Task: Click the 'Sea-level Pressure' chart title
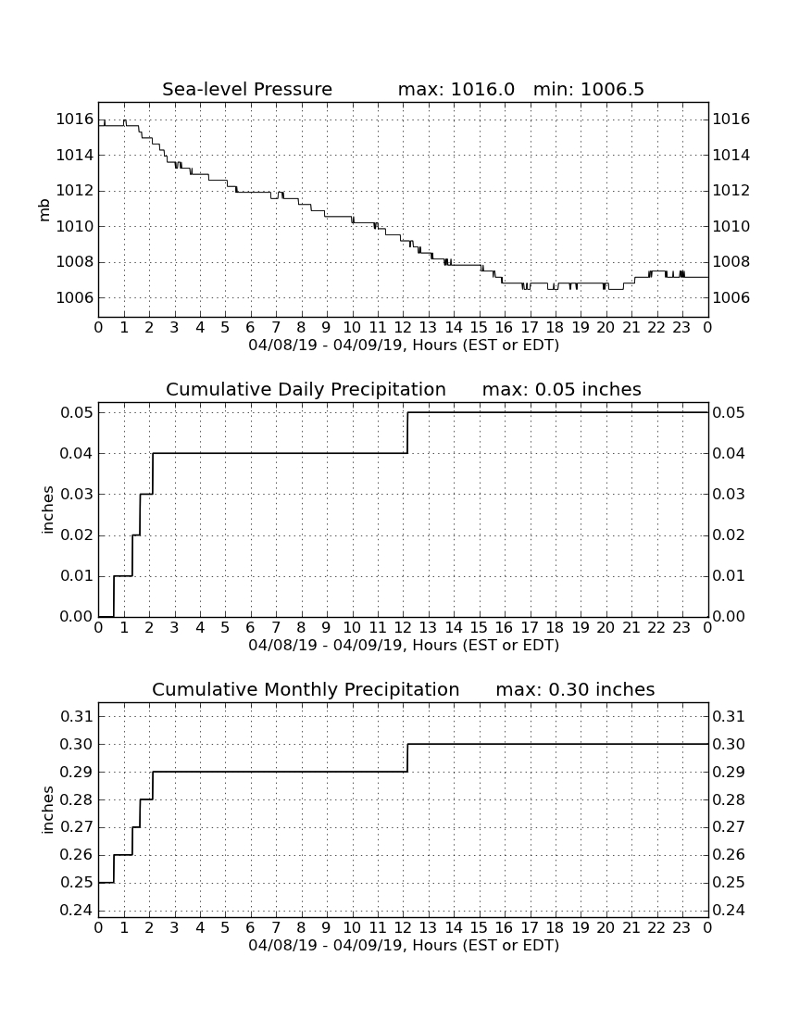[x=247, y=89]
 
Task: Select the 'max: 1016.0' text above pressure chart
[x=456, y=89]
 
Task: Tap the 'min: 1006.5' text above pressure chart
[x=589, y=89]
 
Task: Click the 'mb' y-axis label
[x=44, y=210]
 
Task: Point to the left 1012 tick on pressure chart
[x=75, y=191]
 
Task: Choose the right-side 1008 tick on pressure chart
[x=731, y=262]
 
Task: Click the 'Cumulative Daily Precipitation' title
[x=306, y=389]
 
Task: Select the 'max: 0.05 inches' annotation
[x=562, y=389]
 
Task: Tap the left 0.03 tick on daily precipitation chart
[x=77, y=494]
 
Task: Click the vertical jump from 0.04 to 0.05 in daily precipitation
[x=407, y=433]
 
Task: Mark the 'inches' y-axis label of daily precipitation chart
[x=46, y=510]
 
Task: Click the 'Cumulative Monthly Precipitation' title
[x=306, y=689]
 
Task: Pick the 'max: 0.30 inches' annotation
[x=575, y=689]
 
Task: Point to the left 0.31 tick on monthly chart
[x=77, y=717]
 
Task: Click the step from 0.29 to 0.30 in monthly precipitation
[x=407, y=758]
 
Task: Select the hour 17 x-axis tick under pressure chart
[x=530, y=327]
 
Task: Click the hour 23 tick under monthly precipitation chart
[x=681, y=927]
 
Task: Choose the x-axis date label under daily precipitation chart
[x=404, y=646]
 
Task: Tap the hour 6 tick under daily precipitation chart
[x=251, y=627]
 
